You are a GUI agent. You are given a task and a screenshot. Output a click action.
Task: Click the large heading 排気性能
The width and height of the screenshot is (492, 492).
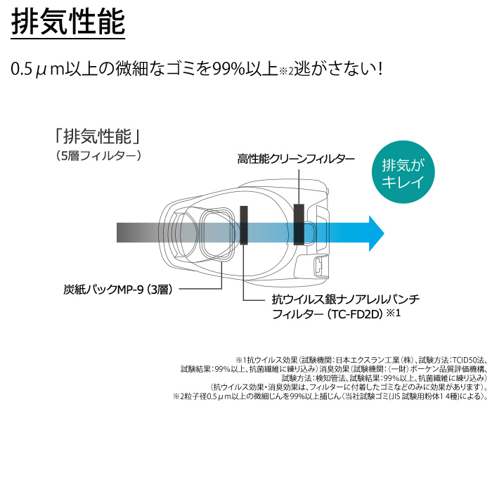coord(68,22)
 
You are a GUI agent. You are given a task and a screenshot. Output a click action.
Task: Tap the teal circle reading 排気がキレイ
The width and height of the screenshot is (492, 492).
coord(403,171)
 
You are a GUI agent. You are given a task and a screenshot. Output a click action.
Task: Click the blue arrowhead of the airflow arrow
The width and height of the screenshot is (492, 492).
coord(377,233)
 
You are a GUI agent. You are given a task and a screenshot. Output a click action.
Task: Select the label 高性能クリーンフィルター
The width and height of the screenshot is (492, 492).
coord(296,159)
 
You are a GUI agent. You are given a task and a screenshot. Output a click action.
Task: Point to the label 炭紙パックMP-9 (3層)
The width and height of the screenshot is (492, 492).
coord(118,290)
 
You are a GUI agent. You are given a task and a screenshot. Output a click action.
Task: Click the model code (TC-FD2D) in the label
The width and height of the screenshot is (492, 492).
coord(354,313)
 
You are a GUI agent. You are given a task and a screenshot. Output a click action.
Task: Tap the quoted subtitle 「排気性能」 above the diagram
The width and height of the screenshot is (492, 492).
coord(97,136)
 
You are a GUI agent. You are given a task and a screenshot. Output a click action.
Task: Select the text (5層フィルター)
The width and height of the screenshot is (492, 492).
coord(98,156)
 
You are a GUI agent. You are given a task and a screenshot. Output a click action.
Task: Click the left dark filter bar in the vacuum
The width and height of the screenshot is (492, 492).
coord(244,225)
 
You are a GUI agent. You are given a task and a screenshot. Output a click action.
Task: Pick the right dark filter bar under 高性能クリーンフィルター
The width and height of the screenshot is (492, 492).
coord(299,224)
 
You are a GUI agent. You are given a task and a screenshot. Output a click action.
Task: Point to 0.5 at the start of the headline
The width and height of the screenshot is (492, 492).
coord(22,70)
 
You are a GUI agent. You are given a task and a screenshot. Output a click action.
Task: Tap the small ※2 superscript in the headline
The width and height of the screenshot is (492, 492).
coord(286,71)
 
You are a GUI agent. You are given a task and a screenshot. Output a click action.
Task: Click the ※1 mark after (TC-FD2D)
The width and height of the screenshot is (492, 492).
coord(394,313)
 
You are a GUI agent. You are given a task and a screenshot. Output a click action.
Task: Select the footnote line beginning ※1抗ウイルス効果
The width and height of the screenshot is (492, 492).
coord(361,360)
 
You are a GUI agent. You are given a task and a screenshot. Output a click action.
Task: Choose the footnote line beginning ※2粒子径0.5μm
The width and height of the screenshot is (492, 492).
coord(330,396)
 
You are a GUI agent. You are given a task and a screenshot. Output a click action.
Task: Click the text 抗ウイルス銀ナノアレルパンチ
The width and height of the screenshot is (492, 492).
coord(346,299)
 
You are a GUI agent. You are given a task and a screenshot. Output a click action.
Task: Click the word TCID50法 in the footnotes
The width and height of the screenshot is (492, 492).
coord(470,360)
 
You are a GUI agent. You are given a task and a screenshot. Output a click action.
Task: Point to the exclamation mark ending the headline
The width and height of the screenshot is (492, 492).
coord(380,69)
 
